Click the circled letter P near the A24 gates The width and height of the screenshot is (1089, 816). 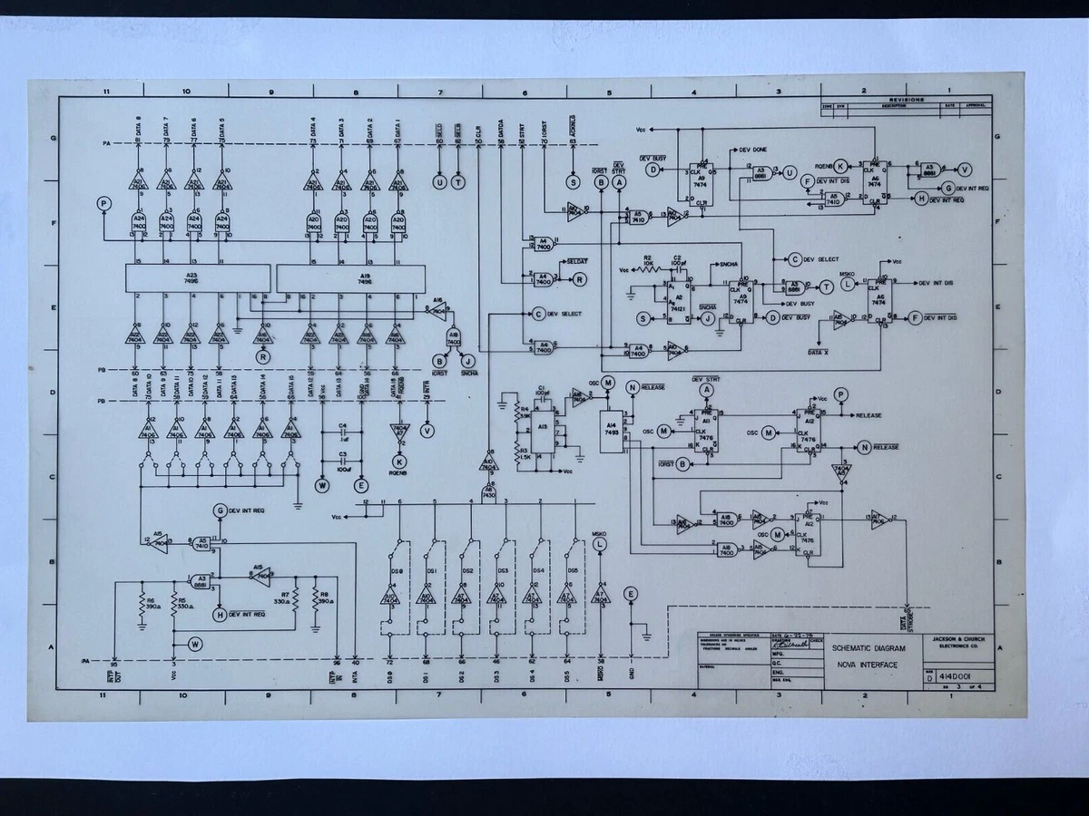[x=104, y=204]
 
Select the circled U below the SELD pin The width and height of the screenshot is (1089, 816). [x=440, y=182]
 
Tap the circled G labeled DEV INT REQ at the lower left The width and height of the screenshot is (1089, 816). [x=220, y=510]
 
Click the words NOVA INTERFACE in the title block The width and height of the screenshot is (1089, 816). [x=867, y=665]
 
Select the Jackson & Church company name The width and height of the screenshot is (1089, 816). [x=963, y=642]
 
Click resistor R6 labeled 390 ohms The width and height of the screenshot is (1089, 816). [x=142, y=605]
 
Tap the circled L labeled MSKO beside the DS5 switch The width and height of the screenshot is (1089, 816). [x=600, y=544]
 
